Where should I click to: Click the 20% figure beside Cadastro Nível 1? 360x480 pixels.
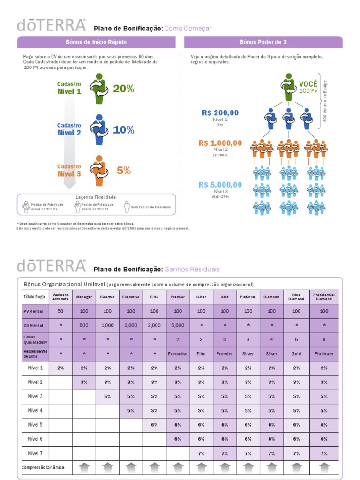click(x=123, y=89)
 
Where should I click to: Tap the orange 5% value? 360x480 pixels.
click(x=124, y=171)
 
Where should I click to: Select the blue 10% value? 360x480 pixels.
click(x=123, y=130)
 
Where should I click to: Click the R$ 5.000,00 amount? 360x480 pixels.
click(x=220, y=185)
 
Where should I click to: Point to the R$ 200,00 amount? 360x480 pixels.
click(x=220, y=112)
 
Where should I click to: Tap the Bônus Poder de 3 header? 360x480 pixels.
click(x=263, y=42)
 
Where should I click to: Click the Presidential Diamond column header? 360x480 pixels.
click(x=324, y=297)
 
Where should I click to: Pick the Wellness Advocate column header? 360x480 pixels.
click(x=60, y=297)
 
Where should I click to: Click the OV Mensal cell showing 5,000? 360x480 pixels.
click(x=178, y=325)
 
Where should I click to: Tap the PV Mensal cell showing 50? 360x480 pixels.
click(x=60, y=311)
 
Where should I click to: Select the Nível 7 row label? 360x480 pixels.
click(x=35, y=453)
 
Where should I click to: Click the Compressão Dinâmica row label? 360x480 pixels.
click(x=43, y=467)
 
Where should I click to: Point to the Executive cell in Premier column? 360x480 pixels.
click(x=178, y=354)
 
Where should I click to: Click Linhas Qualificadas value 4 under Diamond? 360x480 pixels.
click(x=271, y=339)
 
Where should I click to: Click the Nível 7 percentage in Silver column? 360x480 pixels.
click(x=201, y=453)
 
